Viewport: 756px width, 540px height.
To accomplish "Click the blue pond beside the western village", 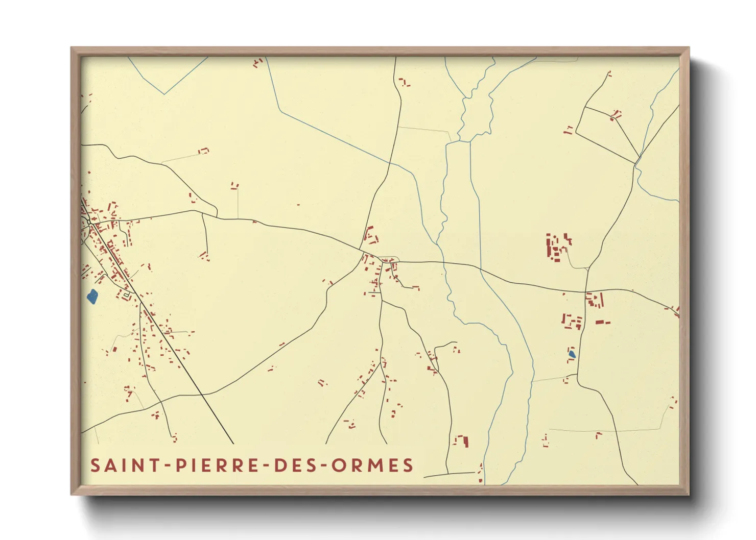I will pyautogui.click(x=92, y=297).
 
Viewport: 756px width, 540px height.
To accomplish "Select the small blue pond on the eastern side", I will pyautogui.click(x=572, y=353).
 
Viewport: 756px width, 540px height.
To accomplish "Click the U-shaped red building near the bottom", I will pyautogui.click(x=461, y=441).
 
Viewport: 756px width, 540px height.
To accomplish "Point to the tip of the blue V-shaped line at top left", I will pyautogui.click(x=164, y=94).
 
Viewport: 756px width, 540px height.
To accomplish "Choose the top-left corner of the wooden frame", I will pyautogui.click(x=72, y=48).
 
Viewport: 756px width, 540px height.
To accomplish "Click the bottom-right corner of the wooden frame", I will pyautogui.click(x=689, y=494).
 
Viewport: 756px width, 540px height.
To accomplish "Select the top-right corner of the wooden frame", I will pyautogui.click(x=689, y=48).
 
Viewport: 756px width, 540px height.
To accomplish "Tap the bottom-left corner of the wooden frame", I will pyautogui.click(x=72, y=494).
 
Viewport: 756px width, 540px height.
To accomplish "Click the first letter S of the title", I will pyautogui.click(x=95, y=465).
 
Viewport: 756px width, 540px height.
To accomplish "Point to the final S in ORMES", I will pyautogui.click(x=408, y=465).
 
